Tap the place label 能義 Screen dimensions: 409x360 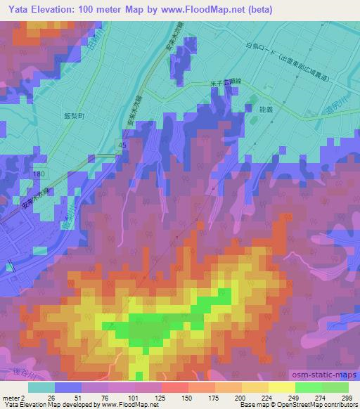[x=267, y=110]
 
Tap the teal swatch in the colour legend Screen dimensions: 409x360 [x=42, y=387]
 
